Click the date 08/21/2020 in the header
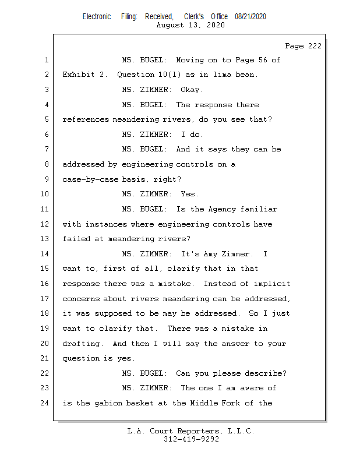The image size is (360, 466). point(250,17)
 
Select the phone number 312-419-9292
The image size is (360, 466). point(191,439)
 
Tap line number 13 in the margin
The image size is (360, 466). point(44,239)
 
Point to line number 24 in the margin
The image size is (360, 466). point(44,403)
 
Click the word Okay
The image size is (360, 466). point(192,90)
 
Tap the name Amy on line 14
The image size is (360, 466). point(210,254)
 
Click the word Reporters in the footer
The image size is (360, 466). point(200,431)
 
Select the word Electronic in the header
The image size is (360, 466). point(97,17)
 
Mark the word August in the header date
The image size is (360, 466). point(170,25)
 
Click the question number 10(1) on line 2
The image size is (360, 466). point(170,75)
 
